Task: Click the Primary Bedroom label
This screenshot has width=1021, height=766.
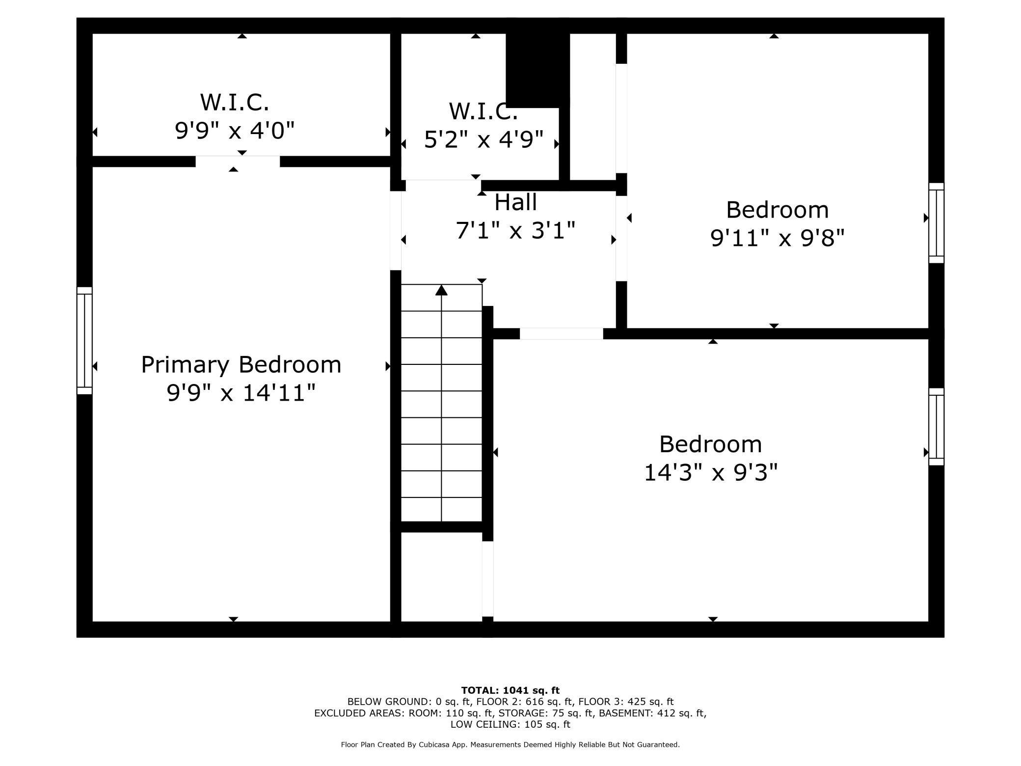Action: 241,365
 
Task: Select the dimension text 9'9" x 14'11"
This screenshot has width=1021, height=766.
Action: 241,393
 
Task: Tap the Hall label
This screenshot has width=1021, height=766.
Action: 515,202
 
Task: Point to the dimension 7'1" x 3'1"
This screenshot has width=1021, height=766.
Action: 515,230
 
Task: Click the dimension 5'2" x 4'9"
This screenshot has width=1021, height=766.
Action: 484,140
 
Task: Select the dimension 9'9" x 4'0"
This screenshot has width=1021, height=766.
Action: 235,131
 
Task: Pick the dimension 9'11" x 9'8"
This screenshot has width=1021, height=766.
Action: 777,239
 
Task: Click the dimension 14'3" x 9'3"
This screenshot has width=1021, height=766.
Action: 710,473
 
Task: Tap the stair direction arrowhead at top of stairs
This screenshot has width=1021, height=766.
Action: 441,291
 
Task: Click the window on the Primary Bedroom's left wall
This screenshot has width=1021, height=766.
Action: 84,340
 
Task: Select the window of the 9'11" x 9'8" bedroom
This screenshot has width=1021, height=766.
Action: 936,223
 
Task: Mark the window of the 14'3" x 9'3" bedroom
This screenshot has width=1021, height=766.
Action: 936,427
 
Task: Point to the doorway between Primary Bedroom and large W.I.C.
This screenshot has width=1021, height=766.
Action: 238,162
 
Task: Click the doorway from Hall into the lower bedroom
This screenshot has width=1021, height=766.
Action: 561,334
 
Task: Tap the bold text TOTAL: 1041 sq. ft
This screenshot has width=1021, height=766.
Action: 510,690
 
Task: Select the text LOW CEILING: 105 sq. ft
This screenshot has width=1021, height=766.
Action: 510,724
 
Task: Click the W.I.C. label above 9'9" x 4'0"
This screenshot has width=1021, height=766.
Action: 235,103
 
